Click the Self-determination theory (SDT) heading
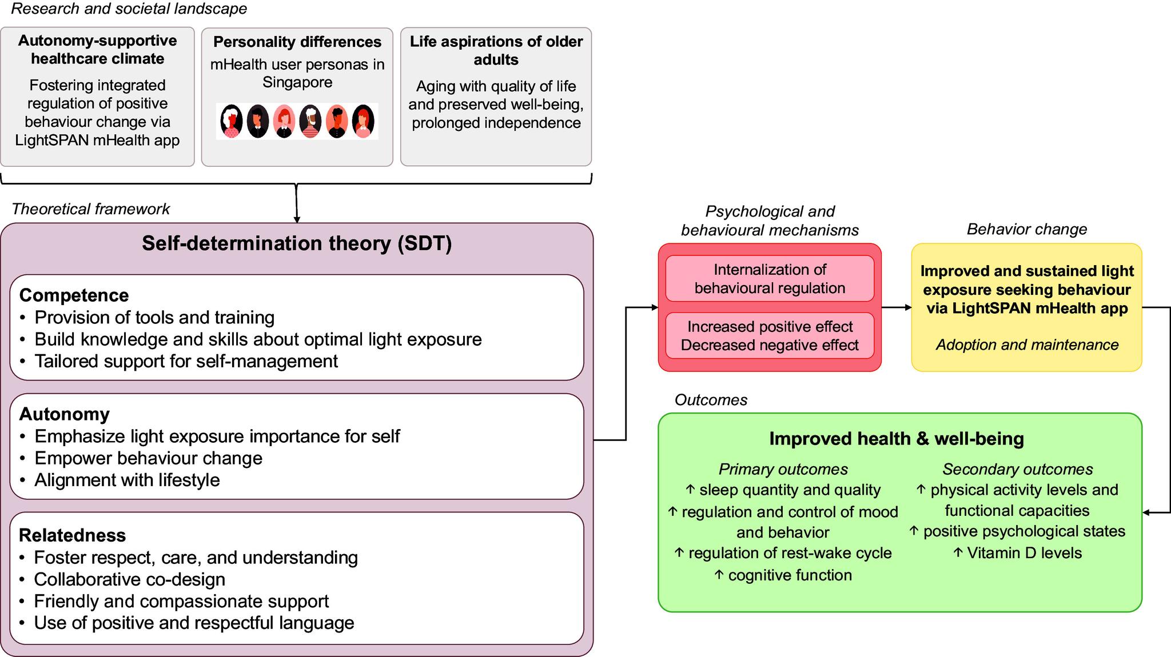click(297, 243)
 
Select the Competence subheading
click(74, 295)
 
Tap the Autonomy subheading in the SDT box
click(64, 414)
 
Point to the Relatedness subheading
click(72, 535)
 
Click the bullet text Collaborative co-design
click(129, 579)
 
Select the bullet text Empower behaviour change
click(148, 458)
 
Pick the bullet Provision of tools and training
click(154, 318)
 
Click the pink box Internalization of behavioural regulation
click(769, 279)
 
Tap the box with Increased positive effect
click(769, 336)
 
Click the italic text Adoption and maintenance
click(1026, 345)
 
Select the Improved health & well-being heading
click(896, 439)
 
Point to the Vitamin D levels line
click(1018, 553)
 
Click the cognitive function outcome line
click(783, 575)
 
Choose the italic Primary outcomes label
click(783, 470)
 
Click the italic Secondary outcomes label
click(1017, 470)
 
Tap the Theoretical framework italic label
click(90, 209)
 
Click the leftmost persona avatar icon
click(232, 121)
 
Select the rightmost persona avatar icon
click(363, 121)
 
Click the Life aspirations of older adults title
click(496, 50)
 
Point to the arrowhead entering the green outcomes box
click(1146, 512)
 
